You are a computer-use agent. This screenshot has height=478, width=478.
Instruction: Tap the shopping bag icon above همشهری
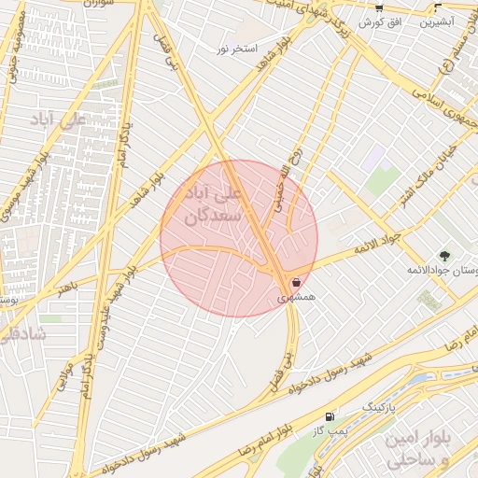[296, 281]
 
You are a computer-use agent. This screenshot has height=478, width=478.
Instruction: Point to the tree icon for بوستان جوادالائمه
[443, 255]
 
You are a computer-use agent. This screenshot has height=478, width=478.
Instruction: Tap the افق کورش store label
[381, 21]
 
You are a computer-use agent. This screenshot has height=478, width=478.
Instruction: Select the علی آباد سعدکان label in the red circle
[218, 205]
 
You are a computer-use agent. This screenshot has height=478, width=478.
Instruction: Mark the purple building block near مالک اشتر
[377, 155]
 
